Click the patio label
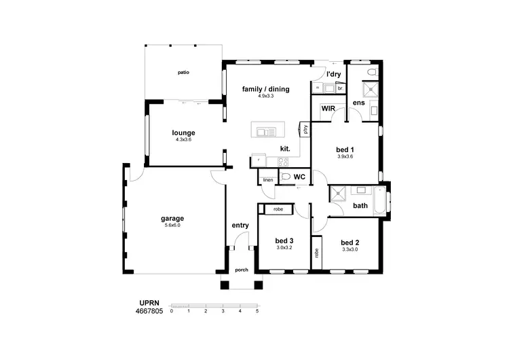click(183, 71)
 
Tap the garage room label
click(172, 219)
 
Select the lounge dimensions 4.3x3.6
click(183, 140)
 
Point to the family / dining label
click(265, 89)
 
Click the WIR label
click(328, 108)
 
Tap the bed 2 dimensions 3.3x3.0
click(350, 250)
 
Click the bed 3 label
click(284, 240)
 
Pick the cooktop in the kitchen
click(282, 162)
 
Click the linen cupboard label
click(267, 180)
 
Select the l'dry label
click(333, 74)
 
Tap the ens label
click(358, 103)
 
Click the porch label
click(241, 270)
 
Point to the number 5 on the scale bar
click(257, 311)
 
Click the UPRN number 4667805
click(149, 312)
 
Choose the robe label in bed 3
click(278, 209)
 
